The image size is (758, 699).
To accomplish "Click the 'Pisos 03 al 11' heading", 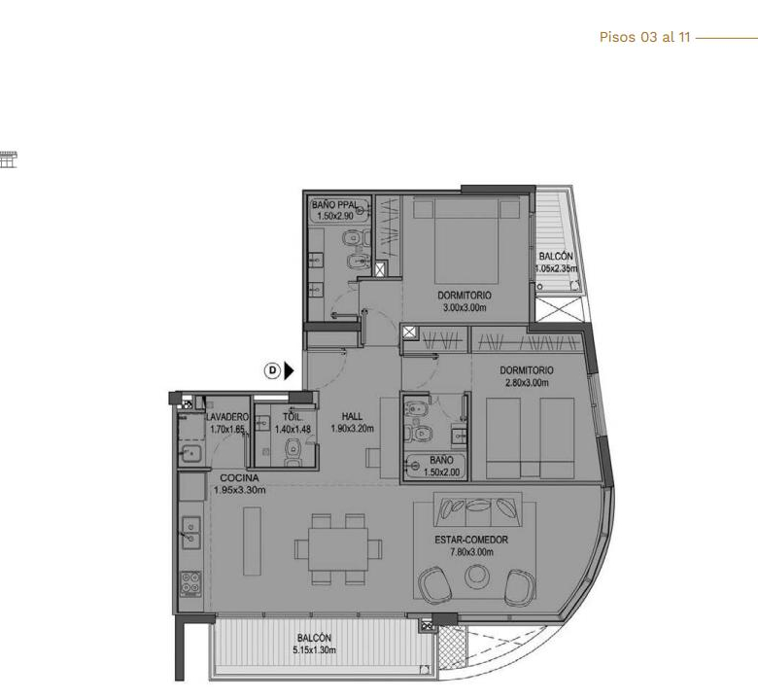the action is tap(644, 37).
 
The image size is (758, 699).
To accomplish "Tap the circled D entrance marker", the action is tap(273, 371).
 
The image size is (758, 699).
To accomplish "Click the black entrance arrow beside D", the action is tap(289, 371).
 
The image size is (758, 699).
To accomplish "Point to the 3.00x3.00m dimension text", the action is tap(465, 307).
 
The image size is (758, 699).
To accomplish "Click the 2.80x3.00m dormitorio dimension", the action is tap(527, 383).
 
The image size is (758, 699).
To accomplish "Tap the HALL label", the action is tap(352, 416).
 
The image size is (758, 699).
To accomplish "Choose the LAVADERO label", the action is tap(227, 417).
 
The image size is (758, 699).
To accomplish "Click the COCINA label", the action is tap(239, 478).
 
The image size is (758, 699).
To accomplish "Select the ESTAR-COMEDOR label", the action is tap(471, 540).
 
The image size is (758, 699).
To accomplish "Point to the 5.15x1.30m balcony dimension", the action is tap(314, 650).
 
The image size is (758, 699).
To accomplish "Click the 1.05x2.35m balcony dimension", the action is tap(557, 268).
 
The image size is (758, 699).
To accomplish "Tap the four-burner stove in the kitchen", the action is tap(190, 583).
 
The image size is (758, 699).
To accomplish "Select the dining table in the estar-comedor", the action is tap(338, 549).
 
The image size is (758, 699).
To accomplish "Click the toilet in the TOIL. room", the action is tap(293, 450).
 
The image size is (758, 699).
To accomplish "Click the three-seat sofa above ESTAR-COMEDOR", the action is tap(477, 509).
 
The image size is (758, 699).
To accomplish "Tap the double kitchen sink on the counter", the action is tap(190, 533).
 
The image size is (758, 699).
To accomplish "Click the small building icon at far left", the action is tap(8, 159).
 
